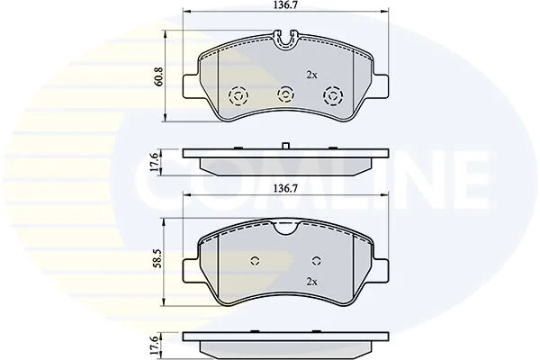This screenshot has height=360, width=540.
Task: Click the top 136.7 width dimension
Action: [285, 5]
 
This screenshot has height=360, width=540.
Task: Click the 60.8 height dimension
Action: [160, 76]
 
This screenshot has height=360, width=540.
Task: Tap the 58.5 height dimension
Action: [160, 262]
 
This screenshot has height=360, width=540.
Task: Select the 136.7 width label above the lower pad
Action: [285, 188]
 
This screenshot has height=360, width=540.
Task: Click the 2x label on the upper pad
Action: [311, 75]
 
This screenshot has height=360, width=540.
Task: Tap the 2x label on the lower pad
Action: [311, 282]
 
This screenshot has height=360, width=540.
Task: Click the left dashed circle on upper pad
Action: [238, 95]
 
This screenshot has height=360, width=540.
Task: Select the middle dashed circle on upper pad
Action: [285, 94]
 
